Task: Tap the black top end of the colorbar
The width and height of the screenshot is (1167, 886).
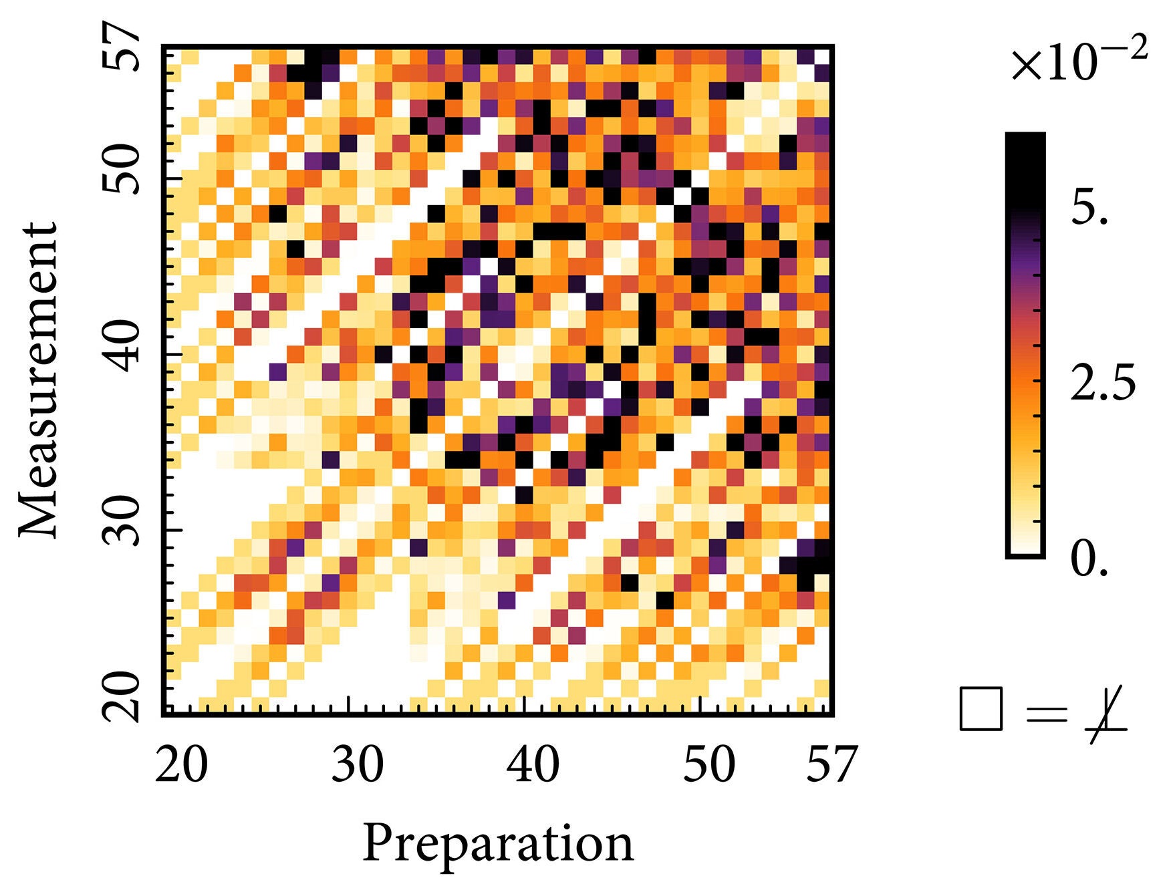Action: coord(1025,144)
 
